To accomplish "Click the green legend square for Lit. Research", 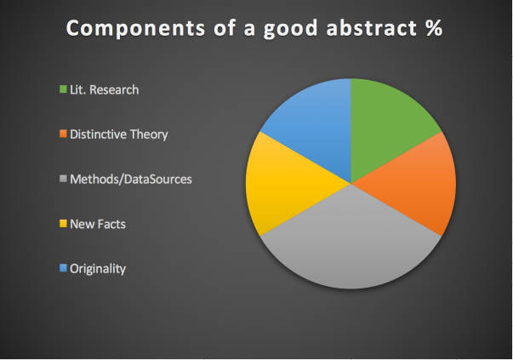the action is [63, 89].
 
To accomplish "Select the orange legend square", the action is [63, 134].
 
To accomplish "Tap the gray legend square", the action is [63, 179].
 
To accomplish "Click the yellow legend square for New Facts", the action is [63, 224].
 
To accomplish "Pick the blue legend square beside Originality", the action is [63, 268].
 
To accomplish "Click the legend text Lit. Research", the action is [105, 89].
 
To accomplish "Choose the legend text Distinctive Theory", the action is [119, 134].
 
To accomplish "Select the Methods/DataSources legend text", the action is [131, 180].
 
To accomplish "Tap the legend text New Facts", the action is [98, 224].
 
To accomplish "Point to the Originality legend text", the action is [98, 269].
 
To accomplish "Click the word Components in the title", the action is [136, 28].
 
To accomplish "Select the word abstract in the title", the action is [371, 27].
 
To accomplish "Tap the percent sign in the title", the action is [434, 27].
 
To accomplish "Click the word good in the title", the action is [290, 29].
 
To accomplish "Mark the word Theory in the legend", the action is [149, 134].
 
